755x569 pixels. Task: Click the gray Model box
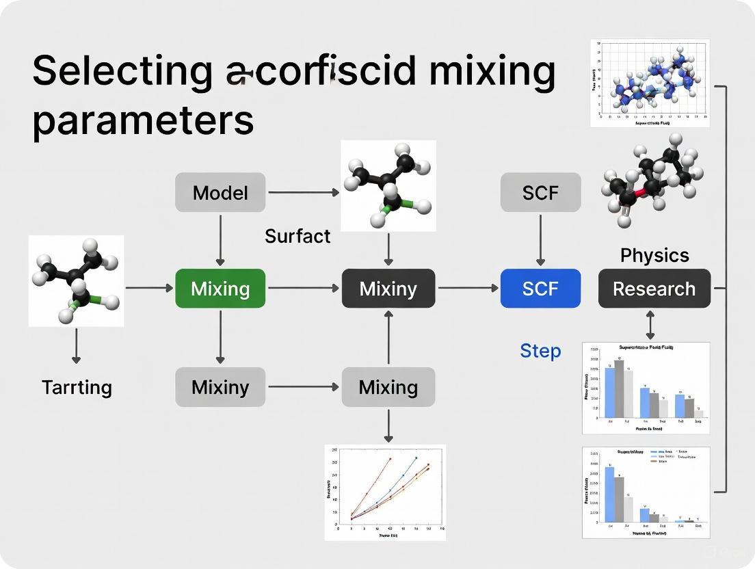coord(220,192)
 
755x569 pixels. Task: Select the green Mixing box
coord(220,288)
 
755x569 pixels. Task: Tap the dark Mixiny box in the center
coord(388,288)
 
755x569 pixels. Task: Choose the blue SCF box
coord(540,288)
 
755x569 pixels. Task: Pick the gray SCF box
coord(540,192)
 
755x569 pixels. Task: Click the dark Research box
coord(654,288)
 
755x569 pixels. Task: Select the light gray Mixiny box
coord(220,387)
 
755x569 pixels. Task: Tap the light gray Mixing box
coord(388,387)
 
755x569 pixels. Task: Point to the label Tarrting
coord(77,387)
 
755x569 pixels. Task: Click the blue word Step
coord(540,351)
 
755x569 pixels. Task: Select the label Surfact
coord(297,236)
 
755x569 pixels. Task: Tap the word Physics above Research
coord(654,255)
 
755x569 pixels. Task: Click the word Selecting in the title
coord(122,70)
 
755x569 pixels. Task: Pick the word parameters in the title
coord(143,120)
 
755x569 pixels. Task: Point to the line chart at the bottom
coord(385,492)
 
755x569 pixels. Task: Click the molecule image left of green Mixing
coord(76,280)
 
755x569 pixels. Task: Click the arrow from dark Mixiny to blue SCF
coord(468,288)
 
